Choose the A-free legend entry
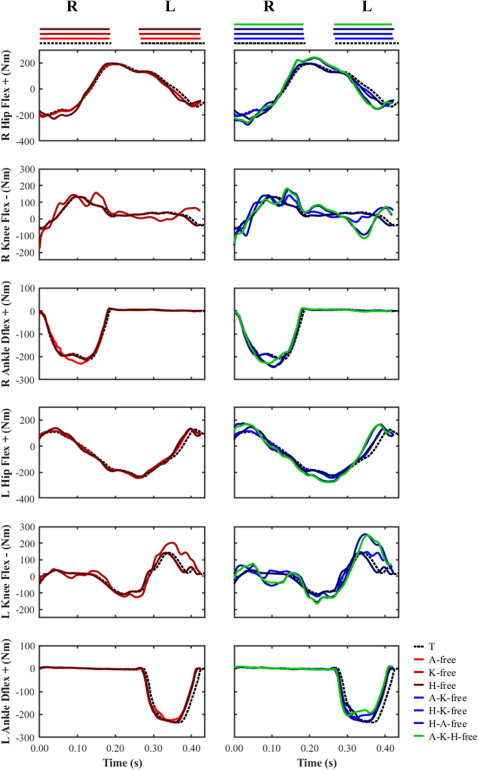(x=442, y=660)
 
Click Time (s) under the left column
(x=122, y=763)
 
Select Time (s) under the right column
(x=317, y=763)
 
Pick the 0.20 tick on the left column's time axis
(x=115, y=748)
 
